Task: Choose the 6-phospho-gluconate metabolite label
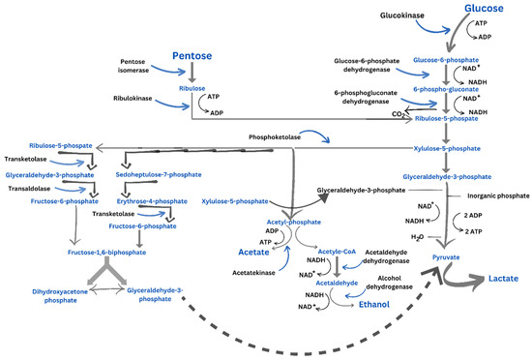pos(446,90)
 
